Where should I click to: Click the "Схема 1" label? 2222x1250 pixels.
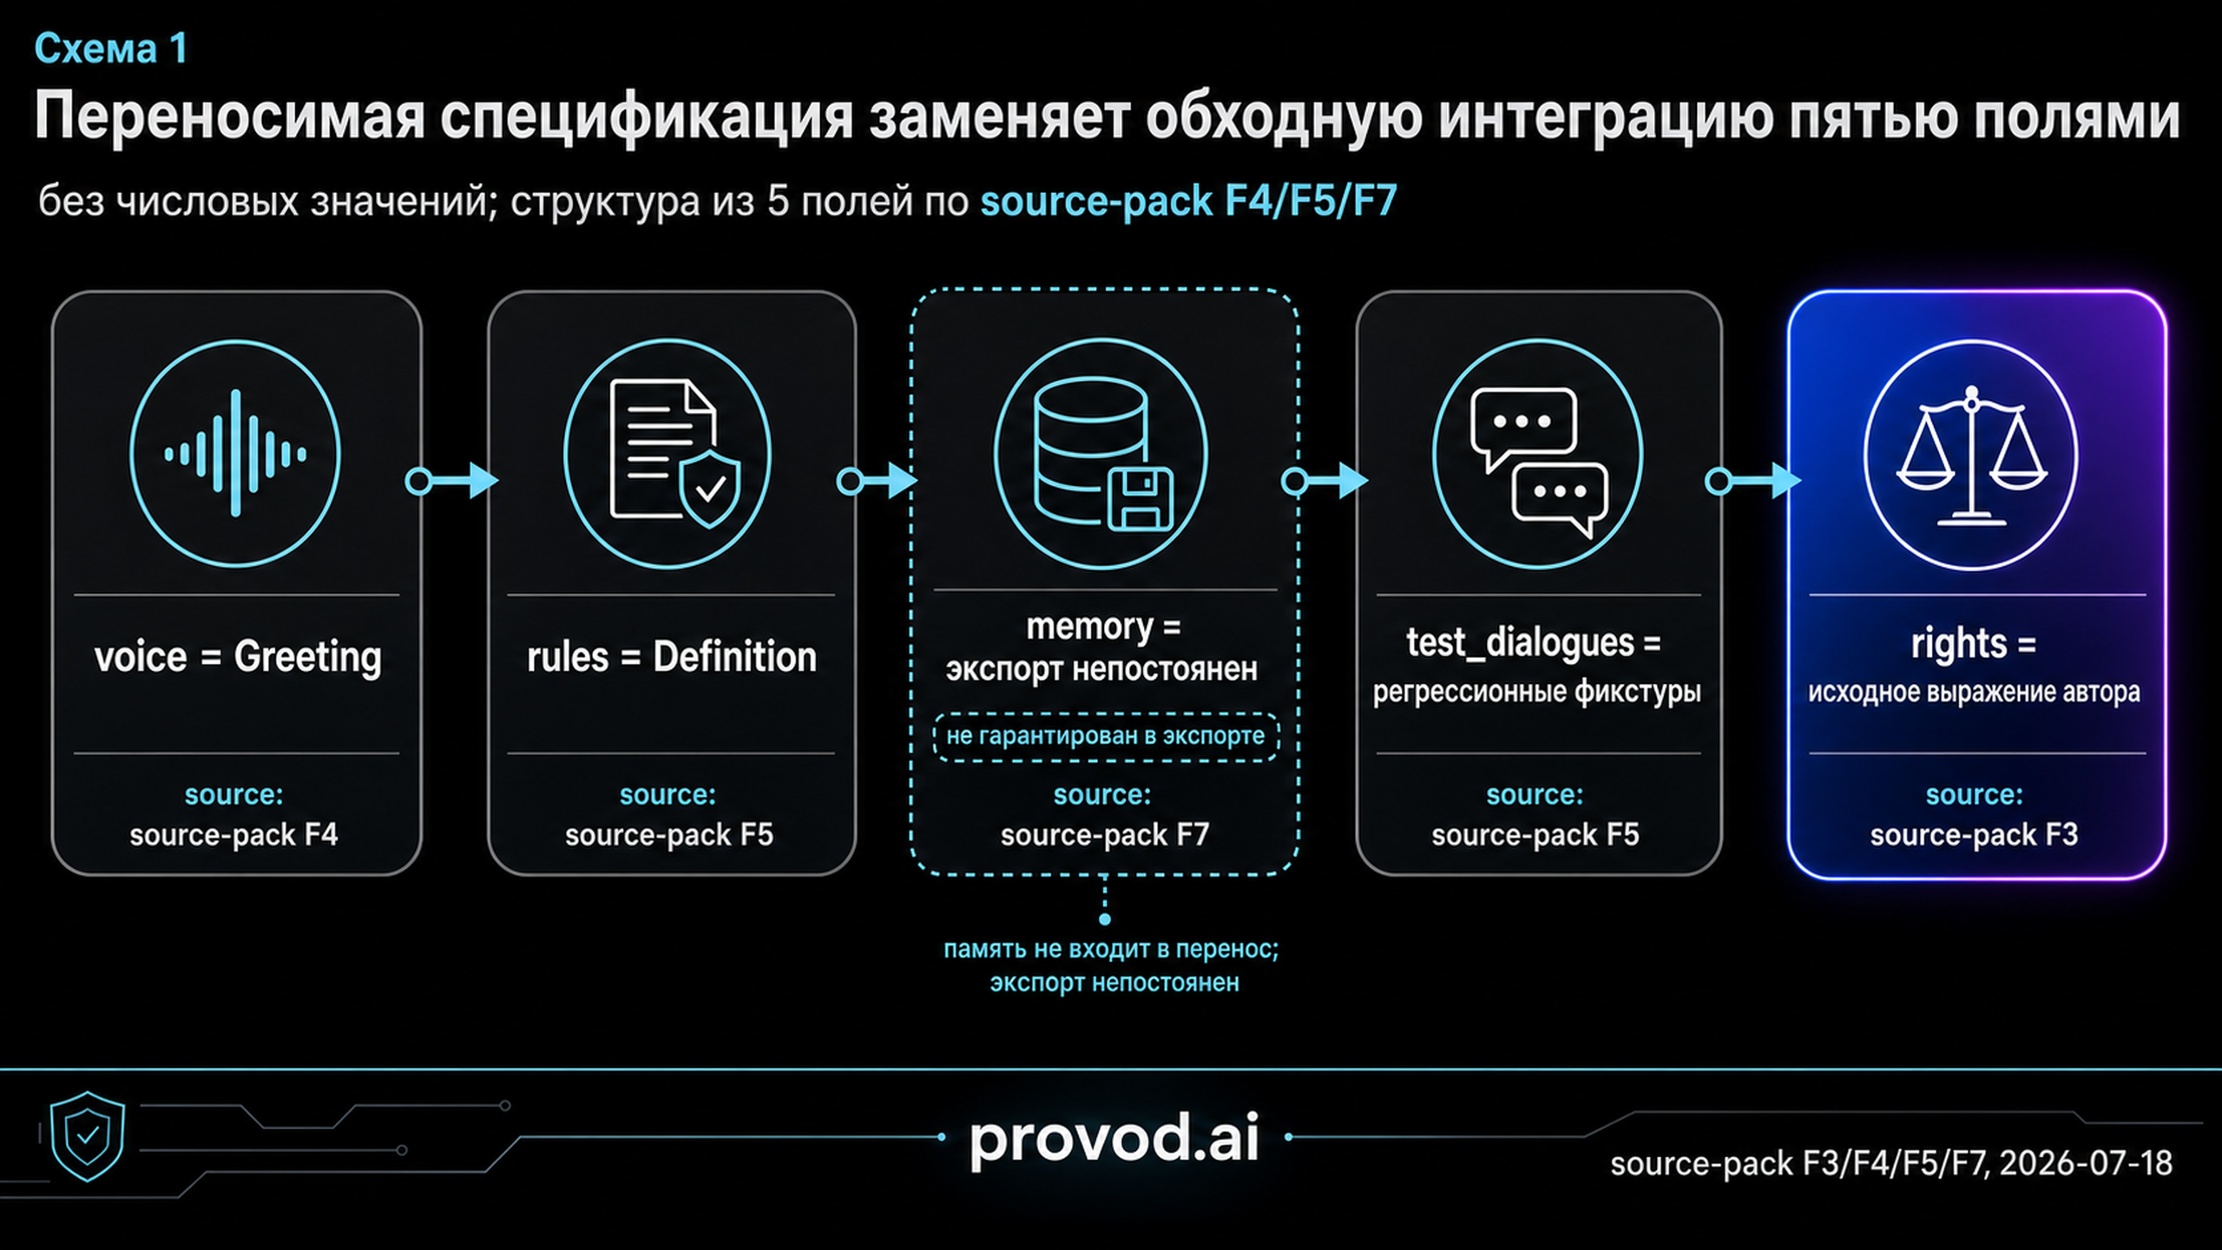coord(111,49)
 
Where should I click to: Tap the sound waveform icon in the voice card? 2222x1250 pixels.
coord(235,453)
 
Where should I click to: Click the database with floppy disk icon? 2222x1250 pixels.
coord(1103,453)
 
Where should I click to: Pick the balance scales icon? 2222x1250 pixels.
coord(1972,456)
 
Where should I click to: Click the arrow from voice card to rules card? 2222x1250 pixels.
coord(452,480)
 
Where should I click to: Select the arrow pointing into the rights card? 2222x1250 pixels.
coord(1753,480)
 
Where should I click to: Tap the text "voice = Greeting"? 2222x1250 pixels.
coord(238,657)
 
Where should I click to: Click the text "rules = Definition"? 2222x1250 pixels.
coord(672,657)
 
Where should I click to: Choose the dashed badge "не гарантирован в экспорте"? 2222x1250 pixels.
coord(1106,737)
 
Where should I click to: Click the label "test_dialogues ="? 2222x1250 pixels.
coord(1534,643)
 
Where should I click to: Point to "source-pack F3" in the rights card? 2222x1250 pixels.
coord(1974,835)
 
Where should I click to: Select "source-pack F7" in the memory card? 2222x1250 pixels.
coord(1105,835)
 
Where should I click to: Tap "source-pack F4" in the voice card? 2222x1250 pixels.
coord(234,835)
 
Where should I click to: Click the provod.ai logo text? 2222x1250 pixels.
coord(1114,1139)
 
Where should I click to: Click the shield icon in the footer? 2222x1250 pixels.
coord(88,1136)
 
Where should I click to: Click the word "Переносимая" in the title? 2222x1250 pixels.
coord(230,117)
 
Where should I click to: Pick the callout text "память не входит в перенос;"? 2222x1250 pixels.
coord(1111,950)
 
